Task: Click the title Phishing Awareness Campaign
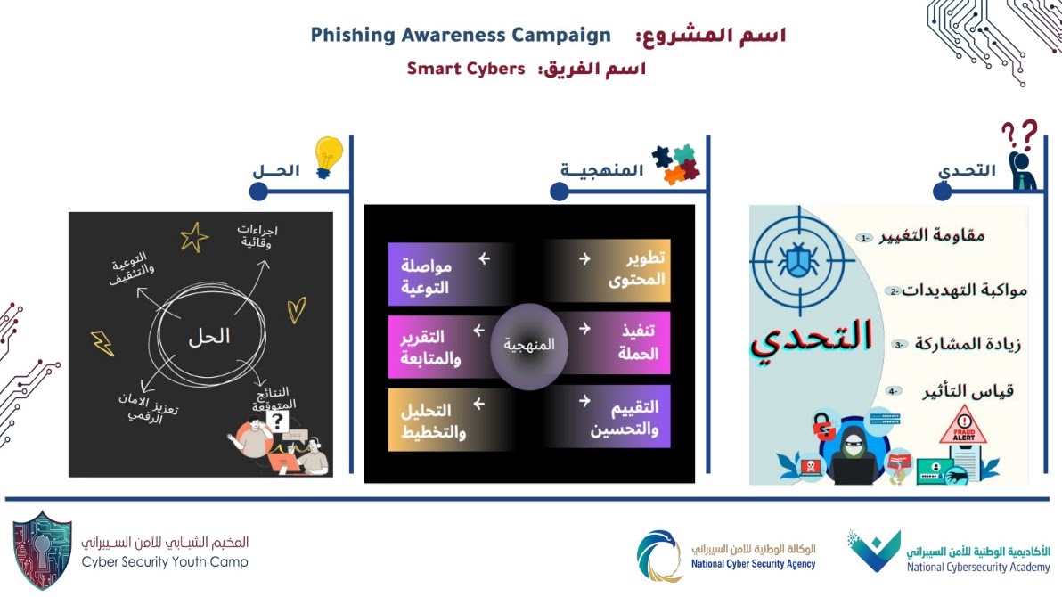[x=461, y=36]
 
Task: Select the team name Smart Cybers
[x=466, y=69]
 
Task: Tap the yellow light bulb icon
[x=329, y=157]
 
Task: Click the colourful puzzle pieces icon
[x=676, y=165]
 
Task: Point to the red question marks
[x=1019, y=135]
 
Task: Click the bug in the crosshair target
[x=798, y=260]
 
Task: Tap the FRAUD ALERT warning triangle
[x=963, y=425]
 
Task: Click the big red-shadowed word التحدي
[x=812, y=339]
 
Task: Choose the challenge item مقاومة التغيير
[x=932, y=236]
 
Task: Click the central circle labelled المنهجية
[x=528, y=347]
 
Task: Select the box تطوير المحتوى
[x=608, y=270]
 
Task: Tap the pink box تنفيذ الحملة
[x=608, y=343]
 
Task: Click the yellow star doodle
[x=193, y=237]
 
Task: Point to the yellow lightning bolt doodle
[x=102, y=343]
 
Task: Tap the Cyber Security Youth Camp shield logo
[x=42, y=550]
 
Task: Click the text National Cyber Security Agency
[x=753, y=564]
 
